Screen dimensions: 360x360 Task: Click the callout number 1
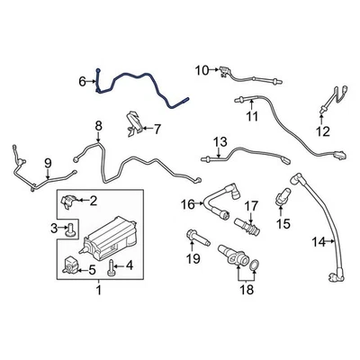pyautogui.click(x=99, y=291)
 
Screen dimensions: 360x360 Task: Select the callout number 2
pyautogui.click(x=93, y=202)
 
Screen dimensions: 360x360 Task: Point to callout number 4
pyautogui.click(x=129, y=265)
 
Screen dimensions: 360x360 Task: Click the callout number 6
pyautogui.click(x=82, y=82)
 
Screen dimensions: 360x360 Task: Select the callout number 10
pyautogui.click(x=202, y=69)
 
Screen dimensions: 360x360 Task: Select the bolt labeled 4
pyautogui.click(x=110, y=266)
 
